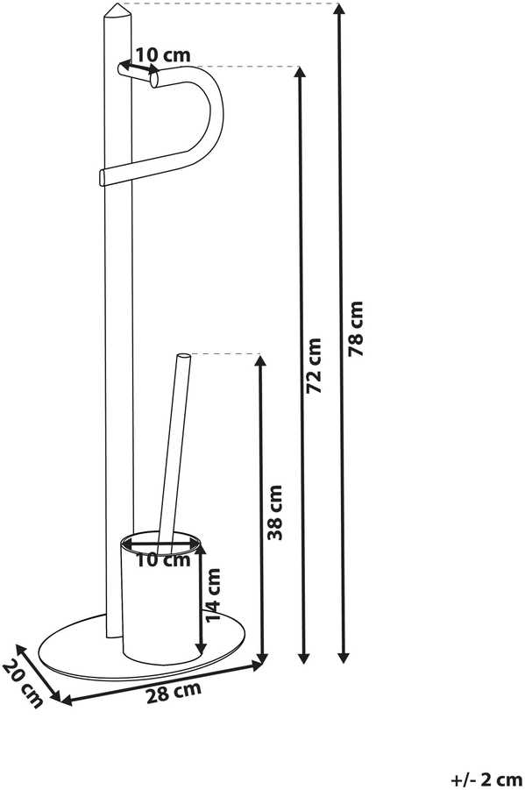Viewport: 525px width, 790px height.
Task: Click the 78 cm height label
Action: (356, 329)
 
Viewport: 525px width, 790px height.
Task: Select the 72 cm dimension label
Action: (314, 366)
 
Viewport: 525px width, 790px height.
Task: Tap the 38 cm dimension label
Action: (274, 512)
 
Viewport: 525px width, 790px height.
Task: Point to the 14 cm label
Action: (213, 594)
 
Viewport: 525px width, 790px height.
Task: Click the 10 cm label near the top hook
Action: (163, 55)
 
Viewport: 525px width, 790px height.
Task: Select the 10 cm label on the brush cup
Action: (163, 559)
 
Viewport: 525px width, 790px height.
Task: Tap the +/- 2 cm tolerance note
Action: (486, 780)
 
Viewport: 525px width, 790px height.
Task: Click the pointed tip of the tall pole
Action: (117, 4)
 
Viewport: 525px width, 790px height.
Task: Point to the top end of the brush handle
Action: (184, 357)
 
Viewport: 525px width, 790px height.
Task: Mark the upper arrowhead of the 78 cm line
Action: (341, 9)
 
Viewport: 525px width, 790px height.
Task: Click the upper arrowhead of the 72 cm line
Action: (301, 72)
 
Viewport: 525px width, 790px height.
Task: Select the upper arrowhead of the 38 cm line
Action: (260, 360)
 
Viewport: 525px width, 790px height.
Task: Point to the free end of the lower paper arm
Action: (103, 179)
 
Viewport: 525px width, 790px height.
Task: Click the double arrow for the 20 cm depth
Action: (39, 672)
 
